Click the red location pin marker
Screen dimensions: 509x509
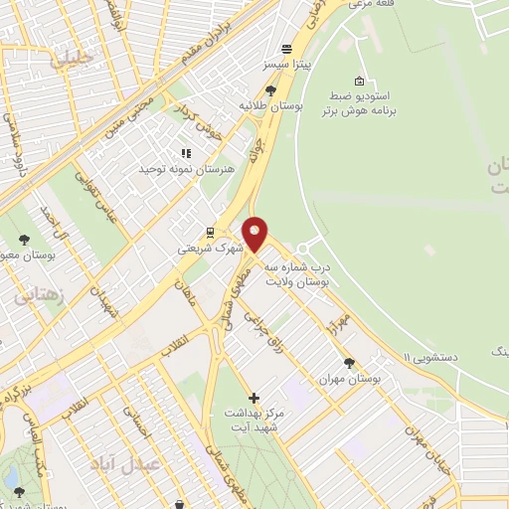pos(255,235)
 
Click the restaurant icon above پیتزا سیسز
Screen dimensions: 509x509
pos(286,48)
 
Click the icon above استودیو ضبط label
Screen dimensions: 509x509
pos(359,82)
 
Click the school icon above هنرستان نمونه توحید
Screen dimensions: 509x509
pos(185,153)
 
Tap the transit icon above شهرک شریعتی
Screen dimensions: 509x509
pos(209,233)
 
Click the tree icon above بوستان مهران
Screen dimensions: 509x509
pos(348,364)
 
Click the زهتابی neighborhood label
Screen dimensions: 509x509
pos(39,295)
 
